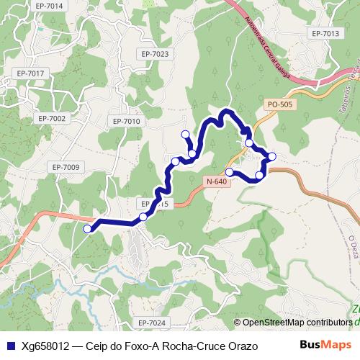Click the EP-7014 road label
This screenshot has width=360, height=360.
tap(49, 6)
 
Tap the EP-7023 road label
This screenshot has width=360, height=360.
tap(155, 54)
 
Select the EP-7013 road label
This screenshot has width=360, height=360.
tap(325, 34)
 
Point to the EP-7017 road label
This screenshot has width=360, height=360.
tap(31, 73)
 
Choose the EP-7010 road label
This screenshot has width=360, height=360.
tap(126, 121)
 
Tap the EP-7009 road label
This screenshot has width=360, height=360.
tap(66, 167)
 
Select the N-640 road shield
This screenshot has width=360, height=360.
tap(216, 181)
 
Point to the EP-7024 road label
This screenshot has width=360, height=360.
tap(152, 322)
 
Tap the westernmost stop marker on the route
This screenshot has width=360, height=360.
tap(88, 229)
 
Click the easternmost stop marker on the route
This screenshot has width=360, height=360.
tap(272, 156)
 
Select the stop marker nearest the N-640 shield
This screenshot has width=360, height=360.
tap(230, 172)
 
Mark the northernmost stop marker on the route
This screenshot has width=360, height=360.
tap(186, 133)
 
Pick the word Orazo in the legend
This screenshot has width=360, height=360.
tap(243, 346)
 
